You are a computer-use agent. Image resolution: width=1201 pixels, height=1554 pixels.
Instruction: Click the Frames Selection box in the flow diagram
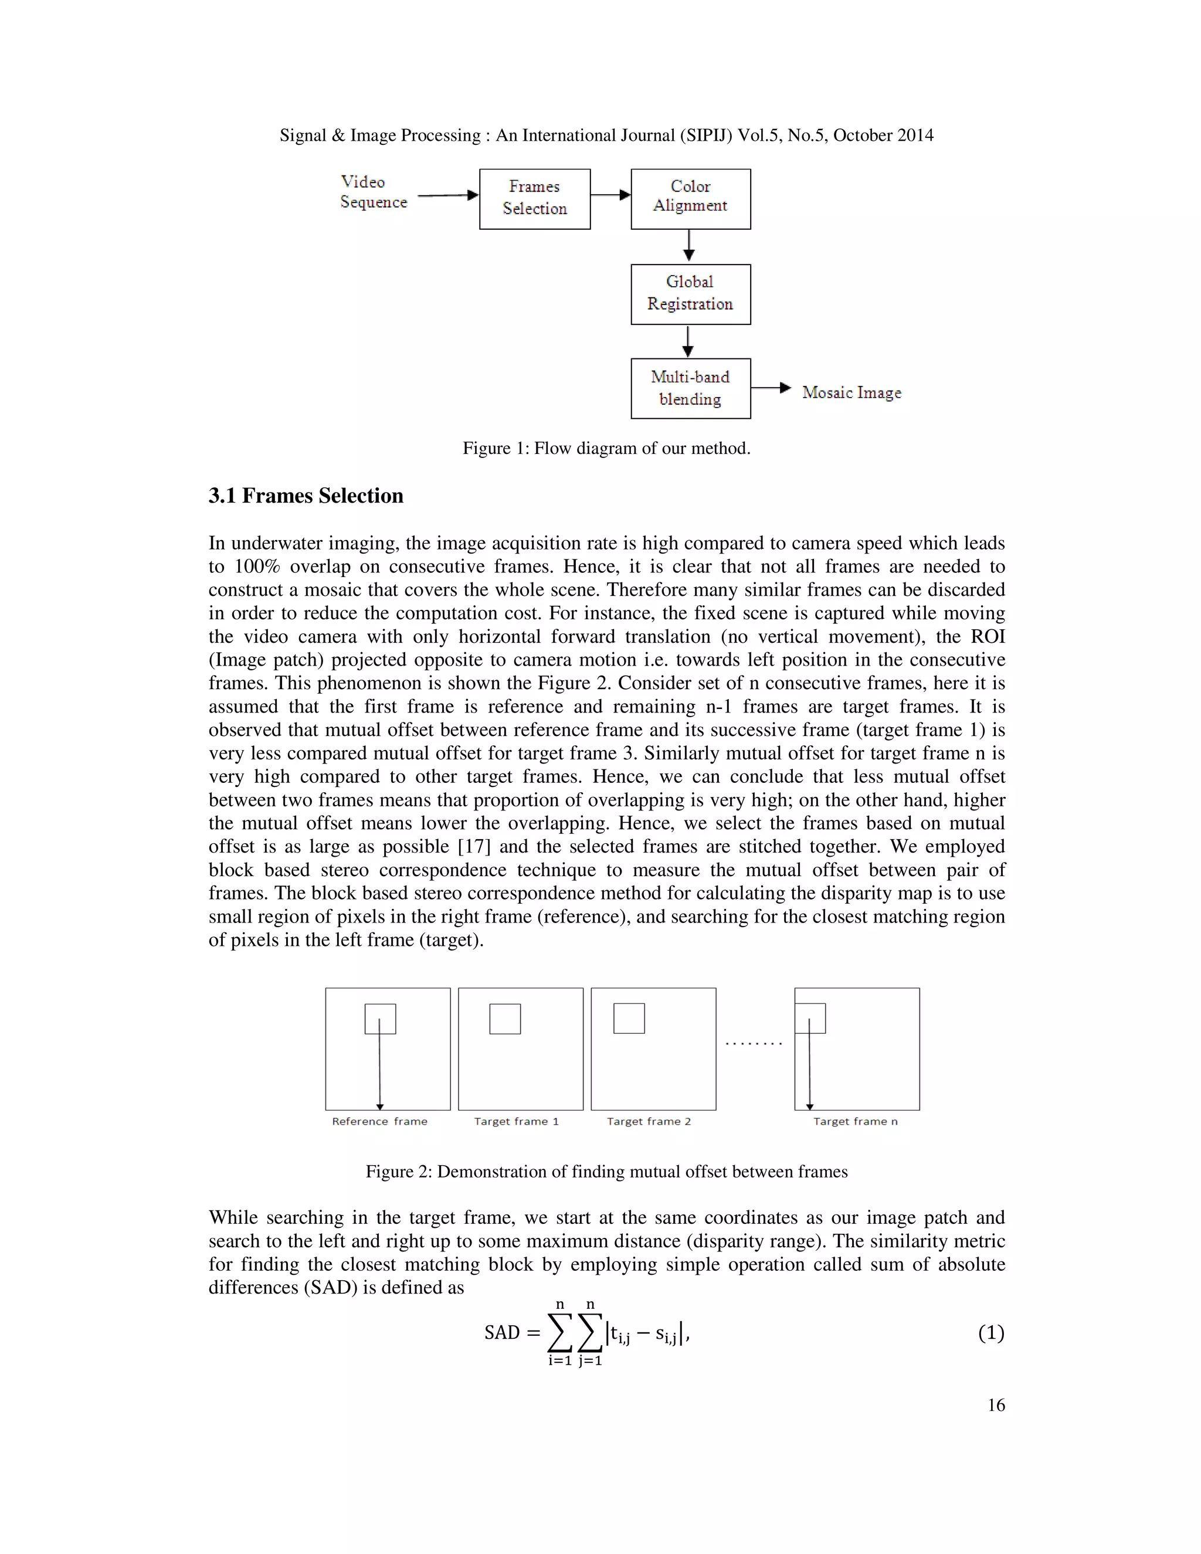coord(534,199)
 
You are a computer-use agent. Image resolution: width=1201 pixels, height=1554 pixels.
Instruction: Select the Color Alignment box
coord(690,199)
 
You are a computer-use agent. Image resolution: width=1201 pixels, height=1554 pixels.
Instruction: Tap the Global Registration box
coord(690,294)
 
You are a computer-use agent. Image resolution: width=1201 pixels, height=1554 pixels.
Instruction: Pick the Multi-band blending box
coord(690,388)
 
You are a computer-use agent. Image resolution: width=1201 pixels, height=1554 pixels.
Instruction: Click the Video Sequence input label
coord(374,192)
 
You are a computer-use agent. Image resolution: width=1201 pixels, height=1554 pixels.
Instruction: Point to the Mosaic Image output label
coord(851,393)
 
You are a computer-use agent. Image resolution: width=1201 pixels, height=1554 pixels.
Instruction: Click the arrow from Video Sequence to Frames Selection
coord(447,195)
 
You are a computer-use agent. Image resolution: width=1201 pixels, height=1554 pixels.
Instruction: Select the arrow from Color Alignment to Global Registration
coord(688,246)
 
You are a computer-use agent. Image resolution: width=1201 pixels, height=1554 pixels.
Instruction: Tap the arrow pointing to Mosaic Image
coord(771,388)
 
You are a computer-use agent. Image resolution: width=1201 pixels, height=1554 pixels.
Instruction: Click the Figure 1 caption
coord(606,448)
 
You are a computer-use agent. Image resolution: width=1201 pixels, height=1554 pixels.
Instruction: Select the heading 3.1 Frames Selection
coord(306,496)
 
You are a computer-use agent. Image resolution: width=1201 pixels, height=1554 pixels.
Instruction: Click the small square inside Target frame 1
coord(505,1019)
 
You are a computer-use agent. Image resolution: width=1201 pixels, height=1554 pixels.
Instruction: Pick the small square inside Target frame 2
coord(629,1018)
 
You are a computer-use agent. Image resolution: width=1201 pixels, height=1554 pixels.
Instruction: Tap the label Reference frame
coord(380,1121)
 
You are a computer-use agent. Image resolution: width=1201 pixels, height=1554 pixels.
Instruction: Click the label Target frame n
coord(855,1121)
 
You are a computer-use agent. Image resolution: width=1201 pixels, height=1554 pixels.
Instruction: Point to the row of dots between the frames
coord(754,1044)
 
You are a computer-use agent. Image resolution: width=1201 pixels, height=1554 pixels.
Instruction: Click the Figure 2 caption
coord(606,1172)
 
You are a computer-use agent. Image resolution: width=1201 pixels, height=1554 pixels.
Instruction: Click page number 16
coord(996,1404)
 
